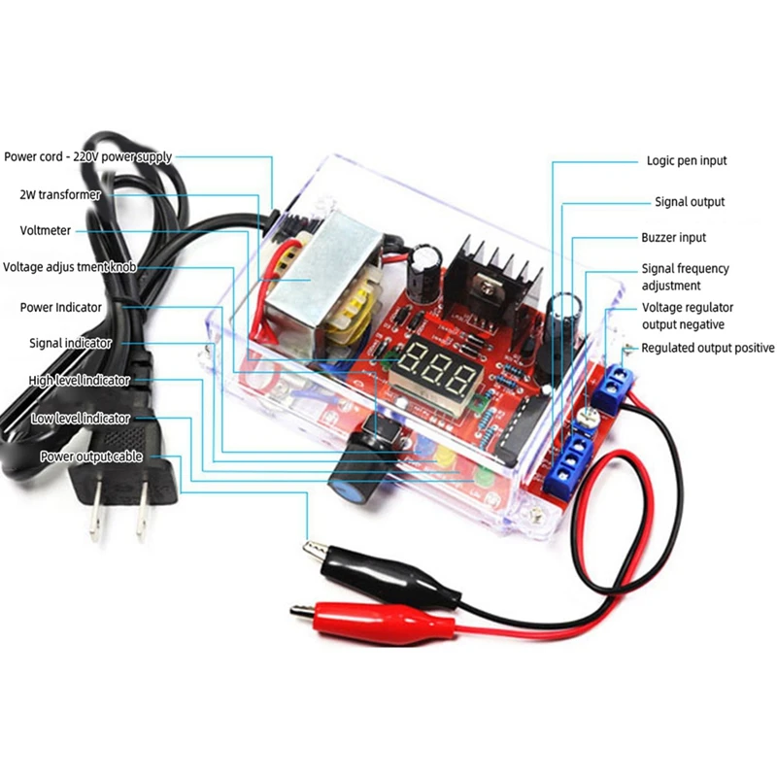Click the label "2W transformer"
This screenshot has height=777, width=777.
click(x=60, y=194)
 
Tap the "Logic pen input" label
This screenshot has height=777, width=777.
click(x=687, y=160)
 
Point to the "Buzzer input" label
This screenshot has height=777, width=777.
click(x=673, y=237)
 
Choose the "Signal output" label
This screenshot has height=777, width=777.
click(x=690, y=202)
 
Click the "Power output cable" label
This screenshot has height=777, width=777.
click(x=91, y=456)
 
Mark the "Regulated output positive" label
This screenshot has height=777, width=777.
click(x=708, y=348)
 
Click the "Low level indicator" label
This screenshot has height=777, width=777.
click(x=81, y=418)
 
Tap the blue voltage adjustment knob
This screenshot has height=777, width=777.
click(x=354, y=478)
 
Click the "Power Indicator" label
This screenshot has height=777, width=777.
click(x=61, y=307)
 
